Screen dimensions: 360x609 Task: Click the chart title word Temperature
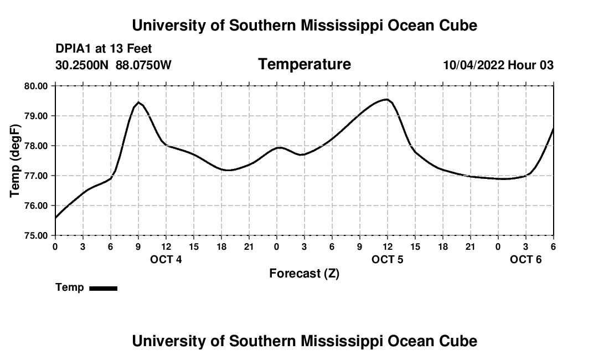click(x=304, y=64)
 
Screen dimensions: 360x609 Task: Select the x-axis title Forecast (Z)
click(x=304, y=273)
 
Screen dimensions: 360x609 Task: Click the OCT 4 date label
click(x=166, y=260)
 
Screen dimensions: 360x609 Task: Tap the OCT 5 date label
click(x=388, y=260)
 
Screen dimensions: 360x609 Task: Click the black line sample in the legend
click(x=104, y=288)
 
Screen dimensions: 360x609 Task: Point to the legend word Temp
click(x=70, y=287)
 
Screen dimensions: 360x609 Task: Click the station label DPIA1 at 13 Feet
click(x=104, y=49)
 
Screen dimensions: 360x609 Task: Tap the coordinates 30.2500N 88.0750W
click(x=113, y=65)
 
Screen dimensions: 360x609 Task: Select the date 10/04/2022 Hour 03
click(x=498, y=65)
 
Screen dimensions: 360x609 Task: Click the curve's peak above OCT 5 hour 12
click(x=387, y=100)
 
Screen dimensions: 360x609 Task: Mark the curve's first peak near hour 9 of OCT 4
click(x=138, y=102)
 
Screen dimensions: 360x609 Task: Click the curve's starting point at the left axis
click(x=55, y=218)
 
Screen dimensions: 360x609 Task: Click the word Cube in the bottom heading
click(x=459, y=341)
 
